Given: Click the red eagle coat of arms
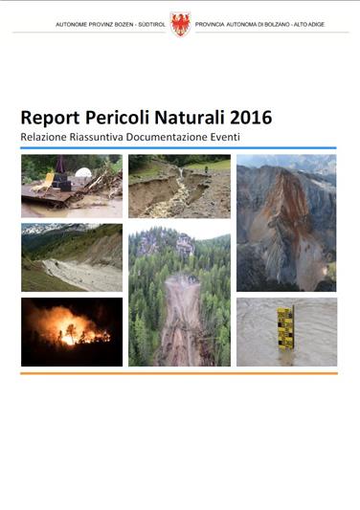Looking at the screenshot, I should [180, 24].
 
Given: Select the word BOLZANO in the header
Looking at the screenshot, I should [281, 24].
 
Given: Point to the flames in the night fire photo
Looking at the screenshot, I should [73, 331].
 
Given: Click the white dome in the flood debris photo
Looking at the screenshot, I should [83, 174].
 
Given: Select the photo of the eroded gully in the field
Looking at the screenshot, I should [179, 188].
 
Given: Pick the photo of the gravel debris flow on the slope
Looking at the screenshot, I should [72, 258].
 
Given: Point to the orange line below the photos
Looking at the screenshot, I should [179, 373].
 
